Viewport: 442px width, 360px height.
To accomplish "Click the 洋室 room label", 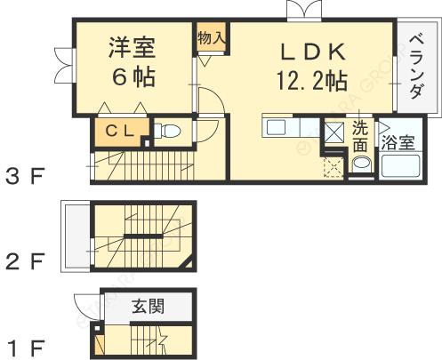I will [x=133, y=47].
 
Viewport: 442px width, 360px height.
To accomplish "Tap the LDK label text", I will [x=311, y=49].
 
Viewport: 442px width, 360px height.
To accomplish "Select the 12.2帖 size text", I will [x=311, y=82].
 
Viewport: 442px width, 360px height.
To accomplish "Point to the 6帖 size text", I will [x=133, y=77].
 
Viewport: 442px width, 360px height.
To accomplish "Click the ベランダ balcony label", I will [x=416, y=68].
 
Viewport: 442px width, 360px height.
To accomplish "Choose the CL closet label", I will [x=120, y=132].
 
